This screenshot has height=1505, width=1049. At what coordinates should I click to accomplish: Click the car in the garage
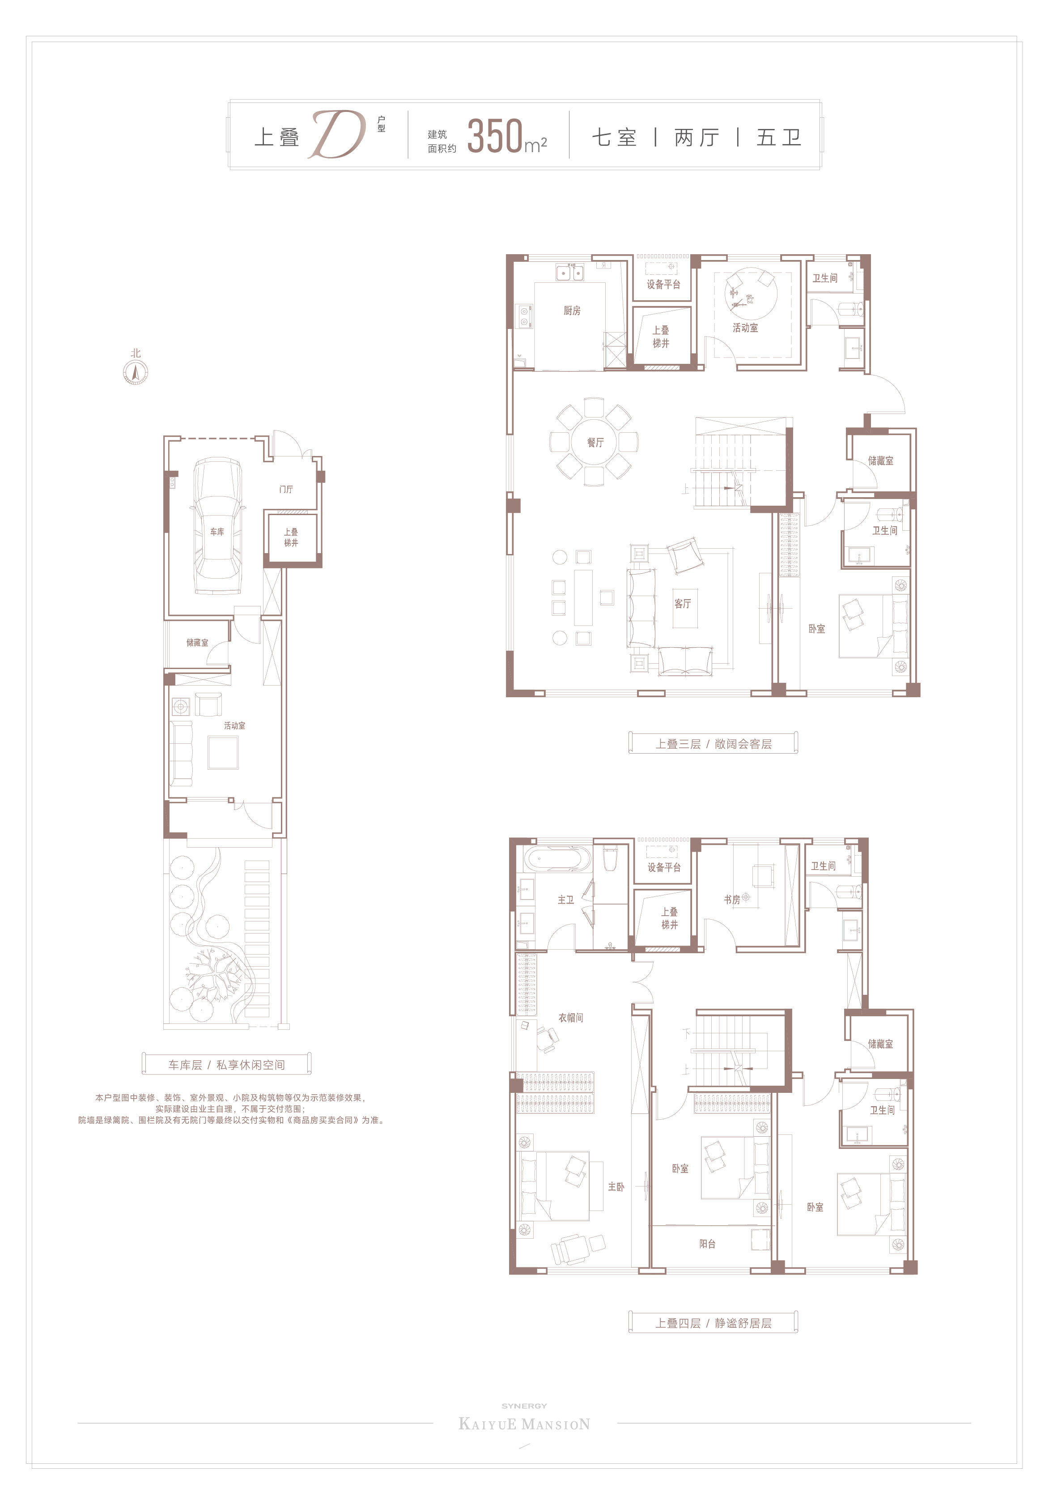tap(217, 526)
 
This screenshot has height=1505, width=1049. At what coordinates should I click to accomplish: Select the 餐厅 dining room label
tap(595, 443)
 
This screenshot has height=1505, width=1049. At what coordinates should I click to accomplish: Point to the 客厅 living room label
tap(683, 603)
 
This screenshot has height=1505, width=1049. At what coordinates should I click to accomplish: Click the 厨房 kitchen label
tap(572, 311)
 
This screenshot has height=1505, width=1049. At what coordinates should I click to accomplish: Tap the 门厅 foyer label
tap(286, 489)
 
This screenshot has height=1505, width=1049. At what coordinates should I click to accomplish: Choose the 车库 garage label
tap(217, 532)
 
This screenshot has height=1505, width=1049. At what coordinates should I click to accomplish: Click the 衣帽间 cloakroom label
tap(571, 1017)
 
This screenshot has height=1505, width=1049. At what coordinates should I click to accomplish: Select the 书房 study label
tap(732, 900)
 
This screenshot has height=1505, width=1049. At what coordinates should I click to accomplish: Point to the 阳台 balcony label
tap(707, 1244)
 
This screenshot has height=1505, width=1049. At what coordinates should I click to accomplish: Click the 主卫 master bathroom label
tap(565, 900)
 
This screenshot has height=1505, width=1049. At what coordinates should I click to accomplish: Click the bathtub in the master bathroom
tap(557, 859)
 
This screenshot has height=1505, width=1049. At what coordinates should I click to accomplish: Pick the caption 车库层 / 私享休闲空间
tap(227, 1065)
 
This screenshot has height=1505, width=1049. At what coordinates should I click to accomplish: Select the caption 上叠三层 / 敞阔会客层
tap(713, 744)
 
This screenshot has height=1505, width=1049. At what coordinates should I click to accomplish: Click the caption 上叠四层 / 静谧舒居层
tap(713, 1323)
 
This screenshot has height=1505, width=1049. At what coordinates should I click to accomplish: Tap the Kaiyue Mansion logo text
tap(524, 1424)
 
